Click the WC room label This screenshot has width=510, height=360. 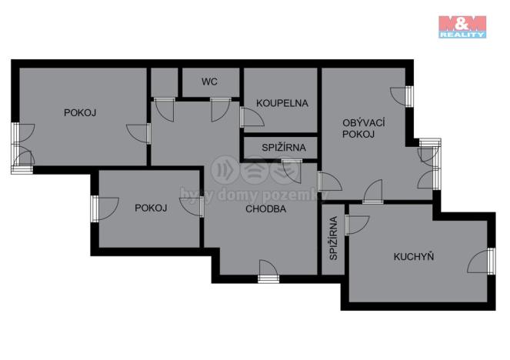point(210,81)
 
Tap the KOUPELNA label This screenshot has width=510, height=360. point(282,102)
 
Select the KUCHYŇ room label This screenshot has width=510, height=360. point(413,256)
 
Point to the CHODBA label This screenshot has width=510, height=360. point(266,208)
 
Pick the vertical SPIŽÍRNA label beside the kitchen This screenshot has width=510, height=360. point(333,238)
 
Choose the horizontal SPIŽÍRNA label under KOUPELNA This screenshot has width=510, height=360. point(282,147)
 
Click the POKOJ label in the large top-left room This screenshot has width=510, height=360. point(80,112)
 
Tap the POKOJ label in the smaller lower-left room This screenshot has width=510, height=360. point(151,208)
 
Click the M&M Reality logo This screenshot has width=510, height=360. point(462,26)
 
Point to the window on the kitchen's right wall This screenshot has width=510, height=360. point(491,261)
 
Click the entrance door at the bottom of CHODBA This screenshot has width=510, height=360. point(268,270)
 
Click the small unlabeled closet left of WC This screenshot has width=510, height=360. point(164,82)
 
